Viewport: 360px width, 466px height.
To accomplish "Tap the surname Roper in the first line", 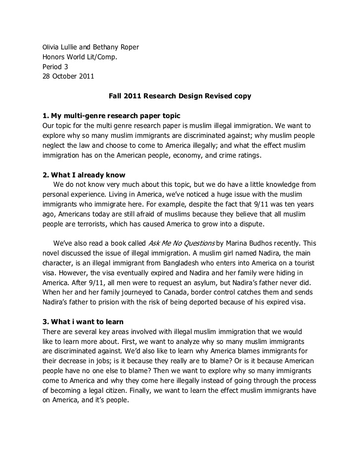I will (129, 47).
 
